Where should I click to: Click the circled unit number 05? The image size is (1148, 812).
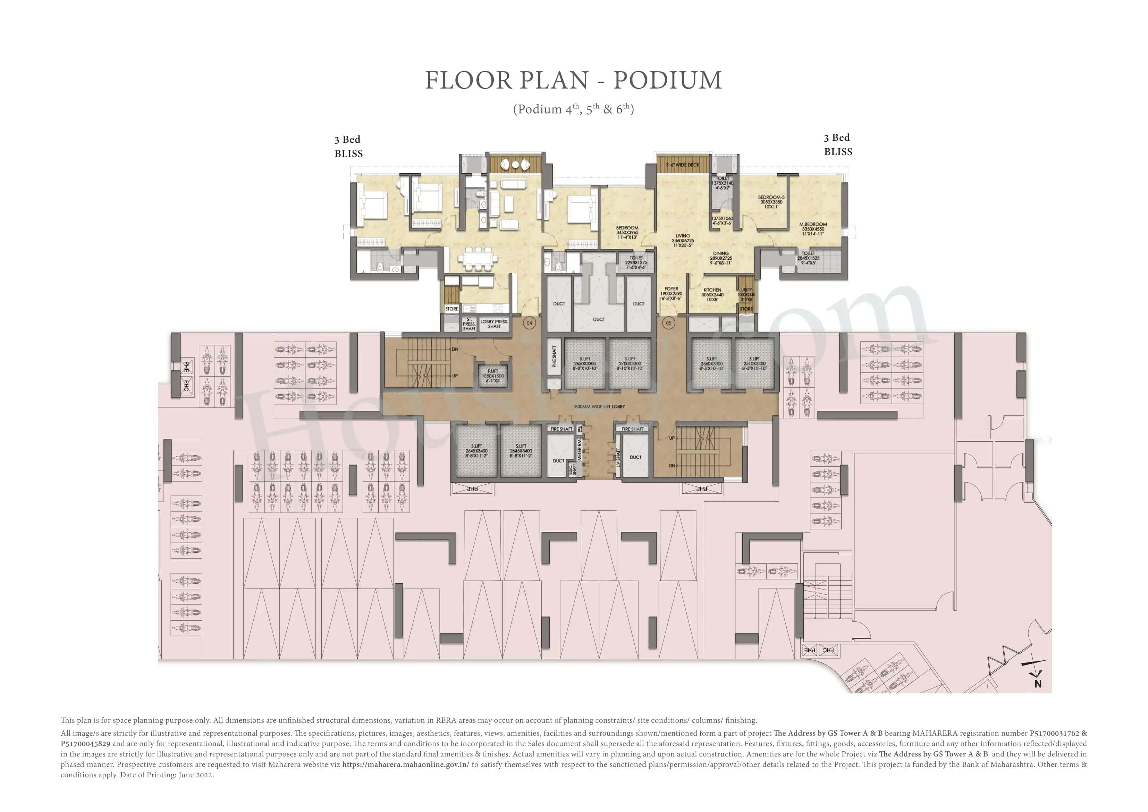668,323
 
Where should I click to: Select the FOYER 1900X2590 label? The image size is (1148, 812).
671,293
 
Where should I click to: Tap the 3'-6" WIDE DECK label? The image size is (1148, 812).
683,165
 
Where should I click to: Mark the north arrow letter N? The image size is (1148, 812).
1038,684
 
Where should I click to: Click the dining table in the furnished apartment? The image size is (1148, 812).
478,258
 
